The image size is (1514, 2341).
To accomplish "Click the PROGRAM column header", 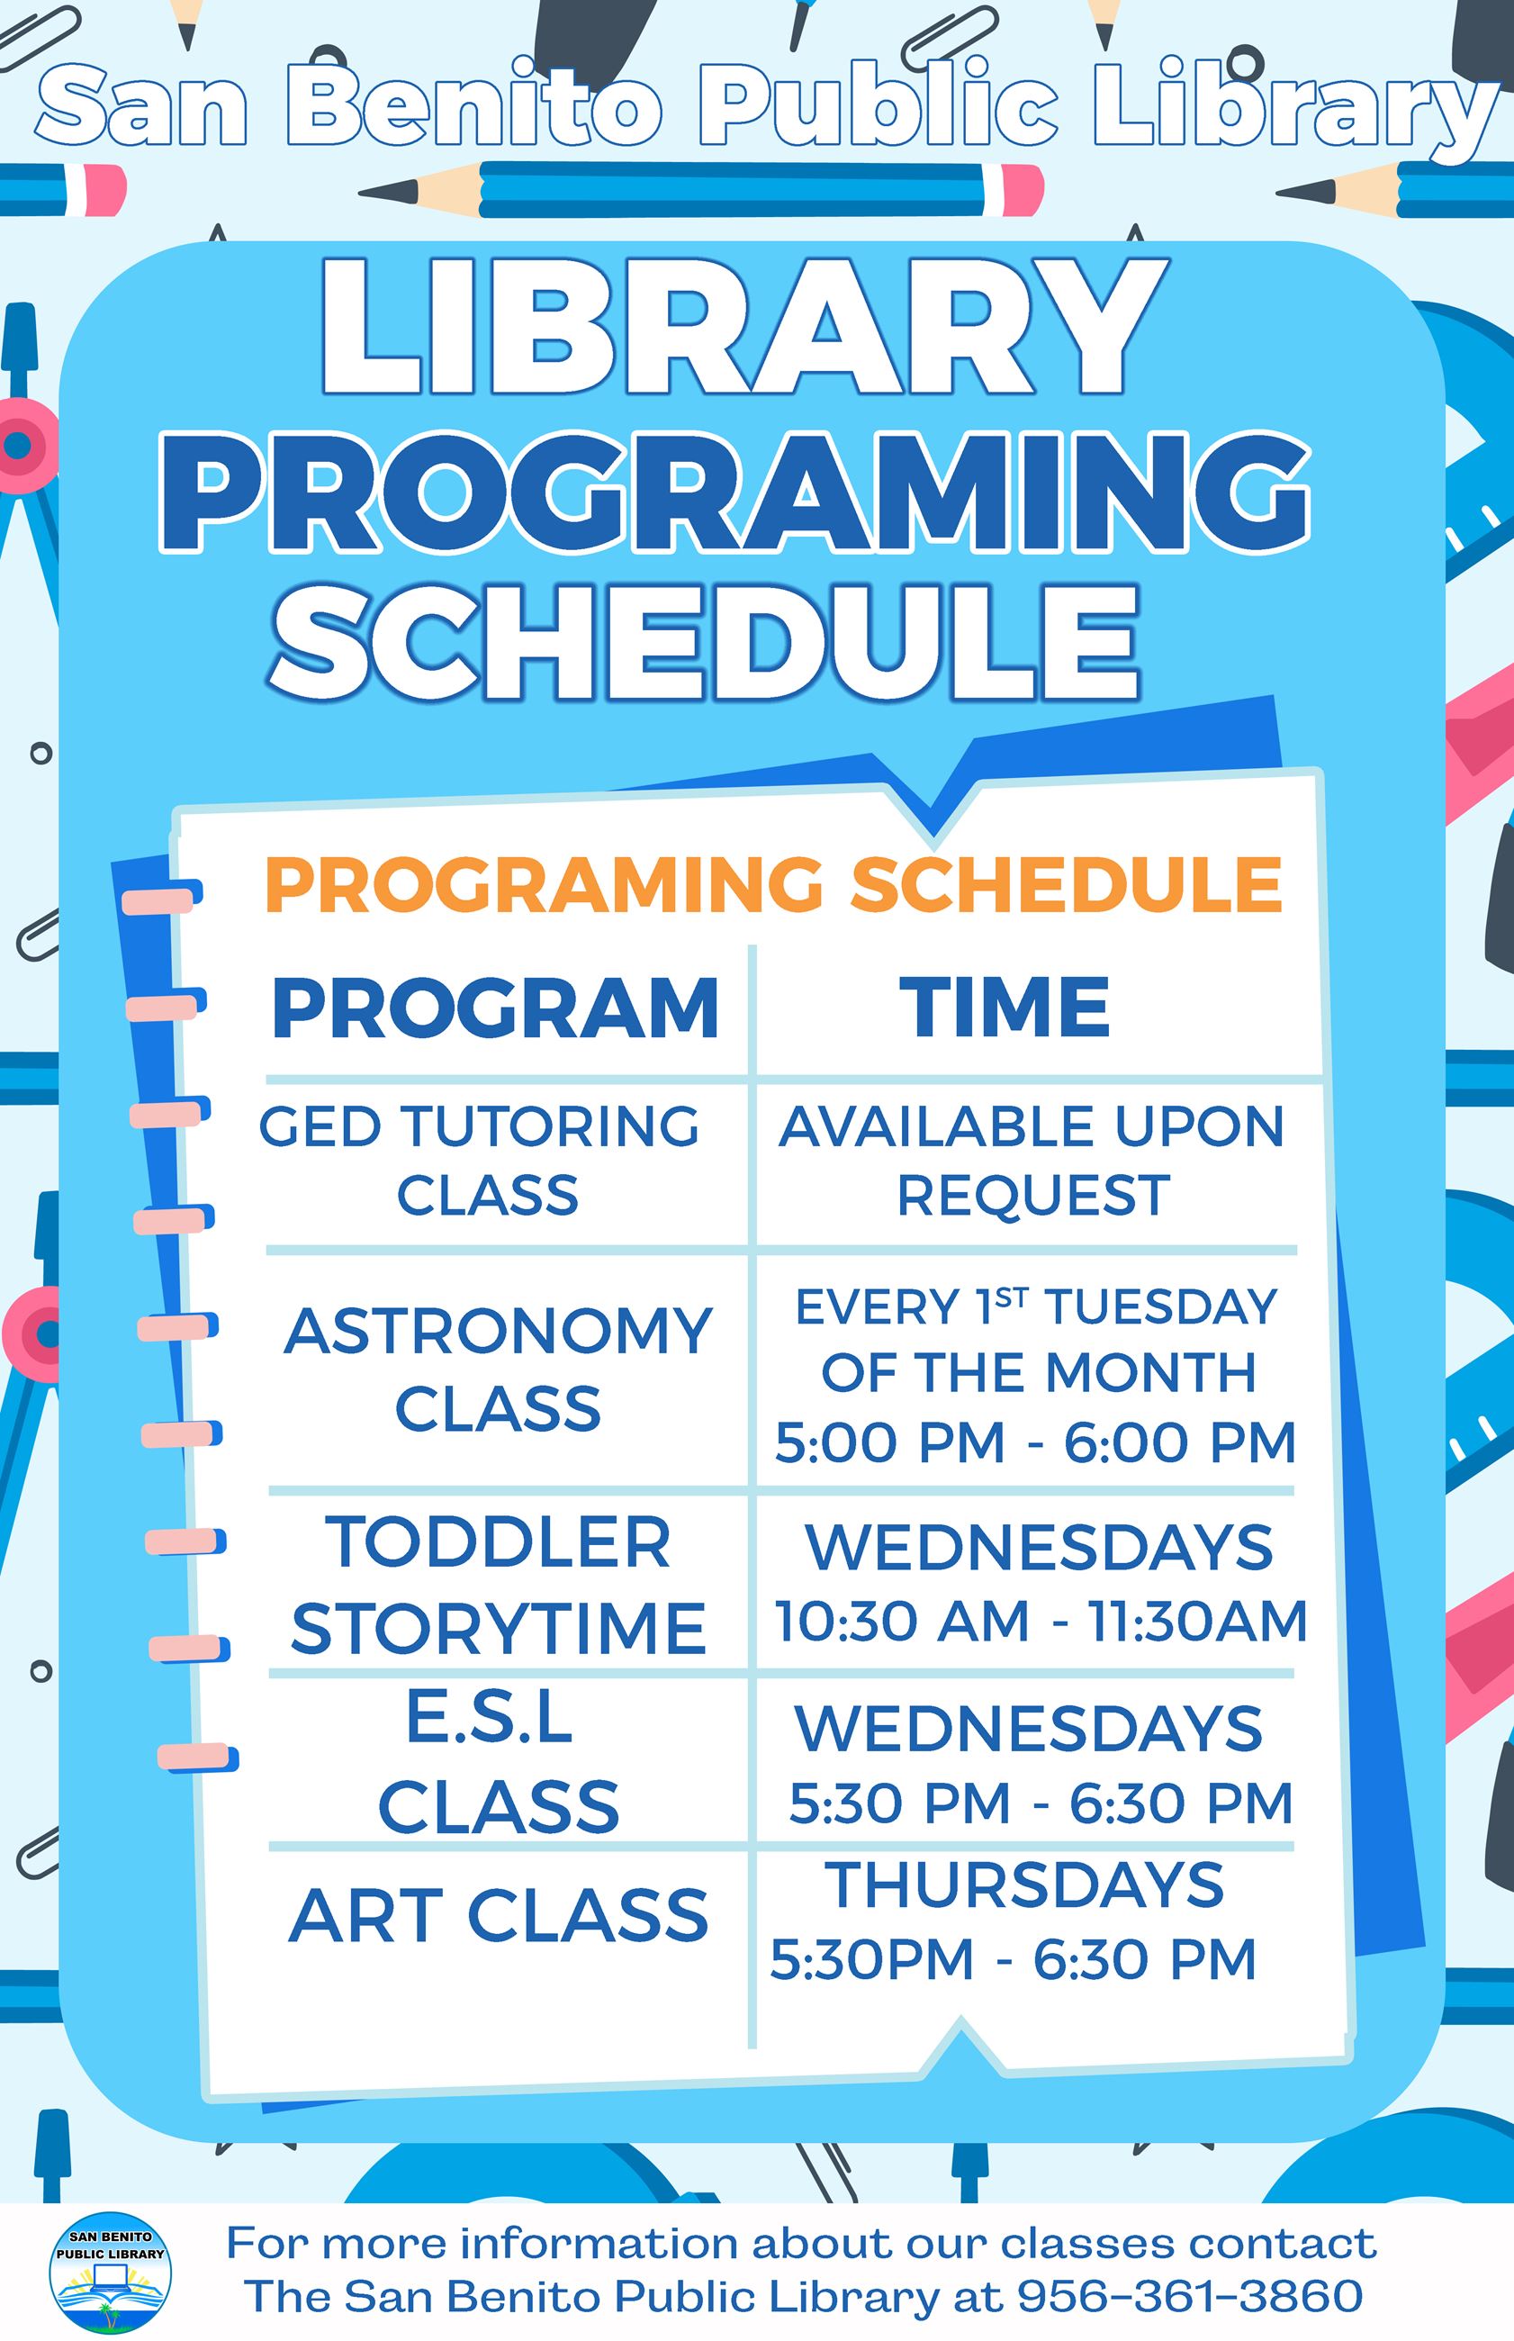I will point(495,1008).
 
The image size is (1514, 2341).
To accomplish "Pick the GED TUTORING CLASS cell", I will point(480,1161).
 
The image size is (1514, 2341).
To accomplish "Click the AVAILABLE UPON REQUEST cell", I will point(1032,1161).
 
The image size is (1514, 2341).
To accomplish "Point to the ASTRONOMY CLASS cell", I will point(498,1369).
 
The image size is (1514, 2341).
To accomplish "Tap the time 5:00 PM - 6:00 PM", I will point(1035,1443).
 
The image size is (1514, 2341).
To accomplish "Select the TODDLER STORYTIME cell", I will point(498,1586).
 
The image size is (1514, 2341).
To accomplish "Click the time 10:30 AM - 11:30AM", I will point(1041,1622).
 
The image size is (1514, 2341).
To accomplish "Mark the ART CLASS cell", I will point(498,1915).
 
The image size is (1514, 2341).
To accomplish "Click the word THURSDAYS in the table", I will point(1024,1885).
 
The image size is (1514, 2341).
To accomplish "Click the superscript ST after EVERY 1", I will point(1011,1299).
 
